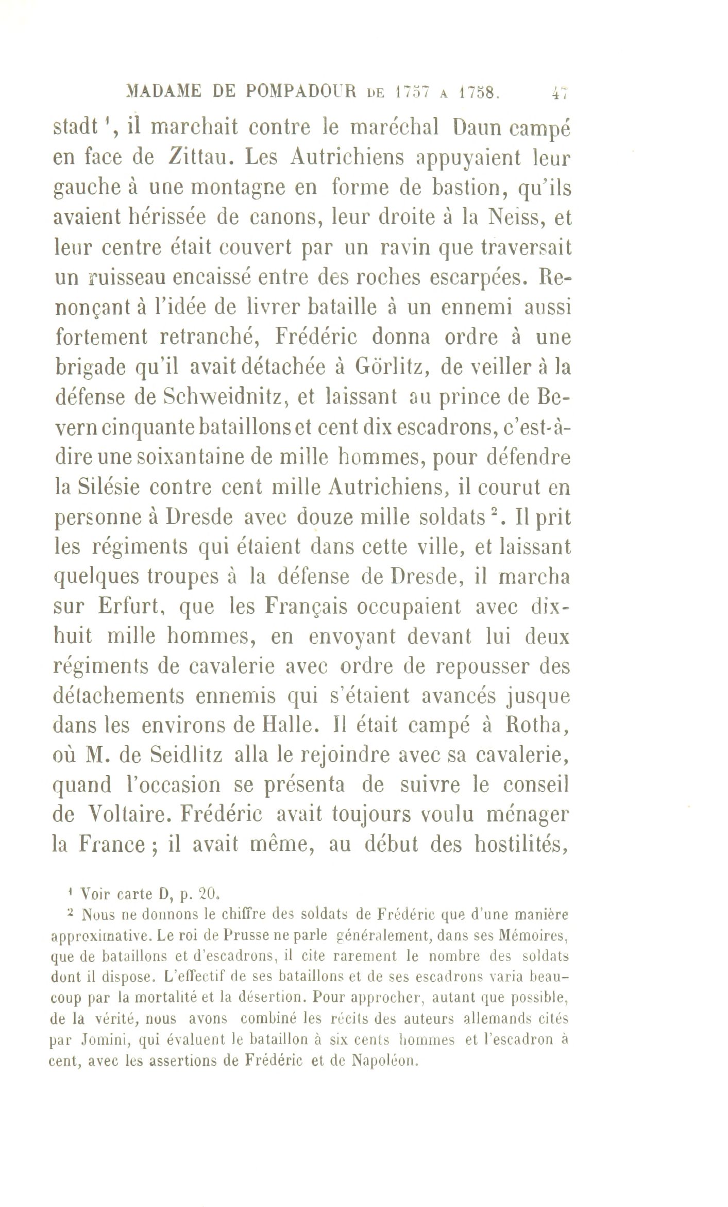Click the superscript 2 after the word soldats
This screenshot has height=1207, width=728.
(x=493, y=513)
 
